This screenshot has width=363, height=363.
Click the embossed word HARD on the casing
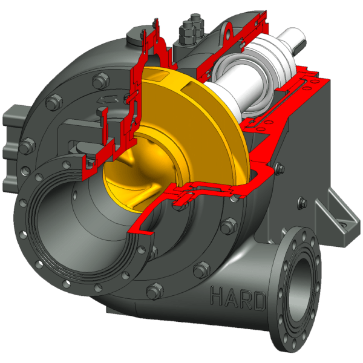point(238,299)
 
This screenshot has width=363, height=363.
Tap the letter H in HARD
point(217,295)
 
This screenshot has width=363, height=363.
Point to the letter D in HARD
point(260,301)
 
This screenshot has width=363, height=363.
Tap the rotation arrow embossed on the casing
point(108,100)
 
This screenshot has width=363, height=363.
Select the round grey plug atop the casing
point(135,38)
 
